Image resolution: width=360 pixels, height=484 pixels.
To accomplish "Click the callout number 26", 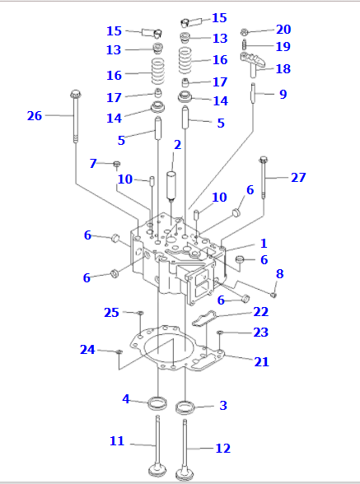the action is (x=35, y=116).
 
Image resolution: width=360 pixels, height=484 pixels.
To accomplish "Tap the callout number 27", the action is (x=298, y=177).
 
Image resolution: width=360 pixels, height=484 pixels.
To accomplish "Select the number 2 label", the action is (x=177, y=145).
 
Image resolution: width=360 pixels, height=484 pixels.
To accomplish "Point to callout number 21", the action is (x=261, y=361).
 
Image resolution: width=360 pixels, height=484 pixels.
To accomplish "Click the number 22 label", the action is (x=261, y=312).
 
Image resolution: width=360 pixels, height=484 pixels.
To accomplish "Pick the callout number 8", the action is (x=279, y=273).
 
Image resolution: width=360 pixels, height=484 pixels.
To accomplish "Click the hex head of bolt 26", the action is (x=76, y=94).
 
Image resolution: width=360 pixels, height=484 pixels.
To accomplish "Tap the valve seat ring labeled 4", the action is (x=157, y=403).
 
